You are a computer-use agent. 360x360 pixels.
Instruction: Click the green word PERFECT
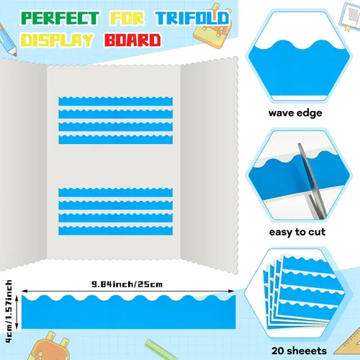[x=60, y=18]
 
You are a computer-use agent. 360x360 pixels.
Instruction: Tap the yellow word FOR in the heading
[x=127, y=18]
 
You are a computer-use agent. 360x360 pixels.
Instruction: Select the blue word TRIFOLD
[x=193, y=18]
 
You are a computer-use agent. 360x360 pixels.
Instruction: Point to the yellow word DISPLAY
[x=57, y=40]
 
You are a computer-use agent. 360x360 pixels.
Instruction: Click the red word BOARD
[x=132, y=40]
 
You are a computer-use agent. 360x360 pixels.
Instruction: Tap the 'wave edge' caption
[x=295, y=113]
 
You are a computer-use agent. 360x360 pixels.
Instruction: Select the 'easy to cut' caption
[x=297, y=232]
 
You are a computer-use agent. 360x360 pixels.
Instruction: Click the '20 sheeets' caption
[x=299, y=351]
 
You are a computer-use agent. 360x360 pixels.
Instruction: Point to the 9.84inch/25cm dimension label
[x=127, y=284]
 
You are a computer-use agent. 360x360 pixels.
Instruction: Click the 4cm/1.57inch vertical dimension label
[x=9, y=311]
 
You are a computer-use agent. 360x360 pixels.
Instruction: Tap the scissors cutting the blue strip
[x=312, y=181]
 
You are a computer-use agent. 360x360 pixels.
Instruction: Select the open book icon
[x=351, y=17]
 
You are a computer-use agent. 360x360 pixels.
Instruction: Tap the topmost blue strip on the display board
[x=115, y=101]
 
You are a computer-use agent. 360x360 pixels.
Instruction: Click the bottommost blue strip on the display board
[x=115, y=230]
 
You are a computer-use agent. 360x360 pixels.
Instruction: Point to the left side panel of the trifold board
[x=23, y=163]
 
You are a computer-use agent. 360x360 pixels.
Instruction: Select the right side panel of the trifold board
[x=210, y=164]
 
